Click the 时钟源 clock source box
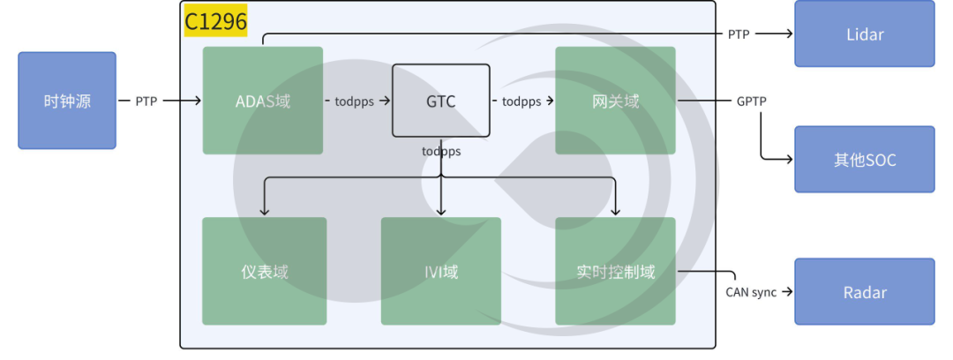pos(67,101)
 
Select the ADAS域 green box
pos(262,101)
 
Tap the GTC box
pos(440,101)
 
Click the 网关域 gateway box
pos(615,101)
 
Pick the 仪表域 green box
pos(264,271)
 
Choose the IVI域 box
pos(440,271)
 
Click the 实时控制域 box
pos(615,271)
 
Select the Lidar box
pos(864,34)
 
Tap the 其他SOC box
pos(864,160)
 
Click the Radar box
pos(864,292)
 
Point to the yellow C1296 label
pos(216,19)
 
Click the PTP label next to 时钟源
pos(146,101)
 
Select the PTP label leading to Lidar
pos(739,34)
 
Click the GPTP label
pos(752,101)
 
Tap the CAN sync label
pos(751,292)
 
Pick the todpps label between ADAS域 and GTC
pos(356,101)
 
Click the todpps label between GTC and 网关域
pos(522,101)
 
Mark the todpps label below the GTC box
pos(441,151)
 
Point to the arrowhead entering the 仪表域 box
pos(264,211)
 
